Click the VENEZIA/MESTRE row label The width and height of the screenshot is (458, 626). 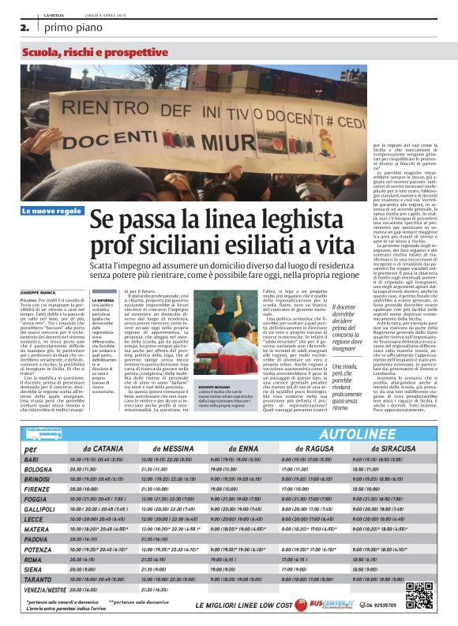point(45,588)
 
